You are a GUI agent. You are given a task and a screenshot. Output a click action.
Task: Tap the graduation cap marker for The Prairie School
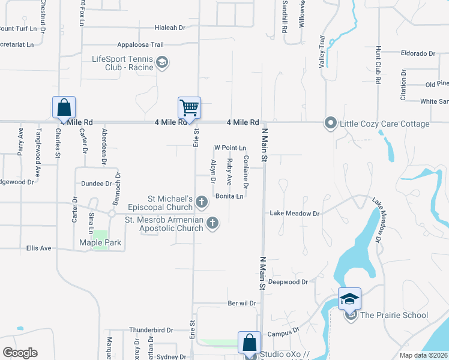click(x=349, y=298)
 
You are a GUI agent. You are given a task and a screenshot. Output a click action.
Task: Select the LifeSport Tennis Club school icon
click(x=161, y=62)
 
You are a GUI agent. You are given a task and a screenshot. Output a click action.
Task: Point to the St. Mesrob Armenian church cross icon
click(x=212, y=223)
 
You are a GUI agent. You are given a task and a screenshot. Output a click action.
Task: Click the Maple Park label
click(x=101, y=243)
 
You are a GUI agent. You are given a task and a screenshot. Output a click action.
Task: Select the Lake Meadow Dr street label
click(x=295, y=213)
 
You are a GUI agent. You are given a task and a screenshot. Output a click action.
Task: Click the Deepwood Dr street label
click(x=288, y=281)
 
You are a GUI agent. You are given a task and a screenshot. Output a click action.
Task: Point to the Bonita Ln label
click(x=229, y=196)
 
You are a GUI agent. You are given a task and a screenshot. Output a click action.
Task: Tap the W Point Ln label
click(x=231, y=148)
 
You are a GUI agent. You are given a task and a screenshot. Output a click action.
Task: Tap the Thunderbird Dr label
click(x=151, y=331)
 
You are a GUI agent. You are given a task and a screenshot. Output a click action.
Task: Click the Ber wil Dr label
click(x=242, y=304)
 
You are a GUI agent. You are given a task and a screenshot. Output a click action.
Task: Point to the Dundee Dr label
click(x=96, y=184)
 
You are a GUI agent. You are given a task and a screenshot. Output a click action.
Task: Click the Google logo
click(x=20, y=353)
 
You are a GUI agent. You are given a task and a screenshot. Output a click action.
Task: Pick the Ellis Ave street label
click(x=39, y=248)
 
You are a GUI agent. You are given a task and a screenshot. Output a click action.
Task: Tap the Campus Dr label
click(x=283, y=332)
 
